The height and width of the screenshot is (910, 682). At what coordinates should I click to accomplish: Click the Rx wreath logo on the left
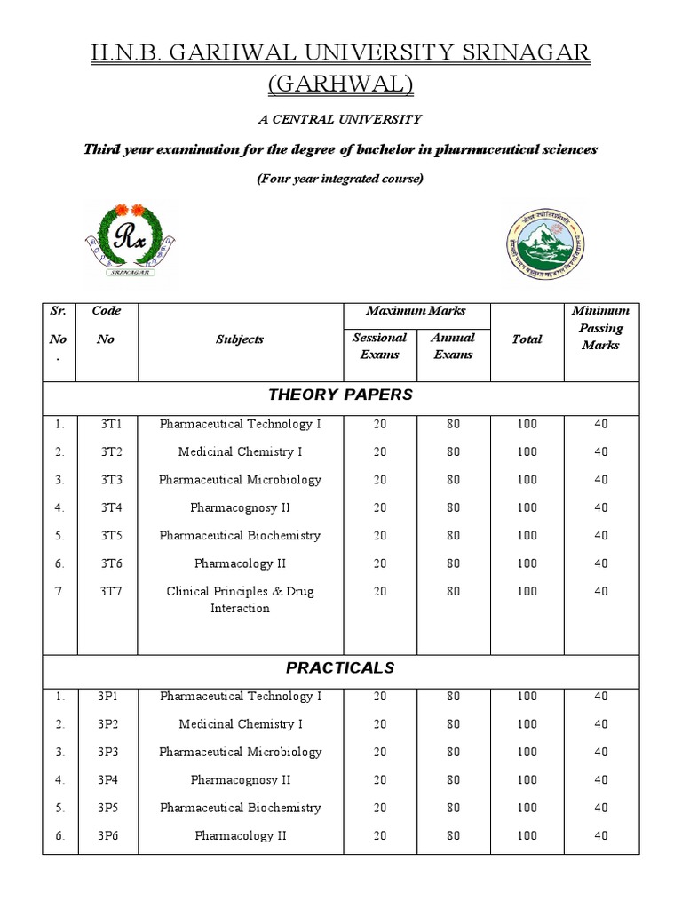pyautogui.click(x=131, y=241)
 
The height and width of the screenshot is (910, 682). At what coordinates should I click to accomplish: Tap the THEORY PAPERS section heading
pyautogui.click(x=340, y=395)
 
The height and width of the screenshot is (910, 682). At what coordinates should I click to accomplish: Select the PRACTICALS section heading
pyautogui.click(x=340, y=667)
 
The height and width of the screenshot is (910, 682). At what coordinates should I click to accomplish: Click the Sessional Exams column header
pyautogui.click(x=379, y=346)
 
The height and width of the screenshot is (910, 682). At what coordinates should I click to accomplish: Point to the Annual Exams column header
pyautogui.click(x=453, y=346)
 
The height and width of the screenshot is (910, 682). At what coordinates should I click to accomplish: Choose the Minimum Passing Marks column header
pyautogui.click(x=601, y=328)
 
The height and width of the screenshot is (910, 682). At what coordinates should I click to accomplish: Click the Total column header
pyautogui.click(x=527, y=339)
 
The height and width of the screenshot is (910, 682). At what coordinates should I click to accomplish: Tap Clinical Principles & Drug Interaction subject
pyautogui.click(x=240, y=600)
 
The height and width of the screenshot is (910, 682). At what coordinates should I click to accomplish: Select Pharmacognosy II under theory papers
pyautogui.click(x=240, y=507)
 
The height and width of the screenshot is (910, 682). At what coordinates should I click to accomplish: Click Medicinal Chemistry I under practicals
pyautogui.click(x=240, y=724)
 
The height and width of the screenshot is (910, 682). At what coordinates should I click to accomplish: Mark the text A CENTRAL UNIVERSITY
pyautogui.click(x=340, y=119)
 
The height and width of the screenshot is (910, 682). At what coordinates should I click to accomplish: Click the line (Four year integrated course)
pyautogui.click(x=340, y=179)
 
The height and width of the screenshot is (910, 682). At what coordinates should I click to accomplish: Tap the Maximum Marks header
pyautogui.click(x=416, y=311)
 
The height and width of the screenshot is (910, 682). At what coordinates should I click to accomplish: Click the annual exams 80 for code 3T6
pyautogui.click(x=453, y=563)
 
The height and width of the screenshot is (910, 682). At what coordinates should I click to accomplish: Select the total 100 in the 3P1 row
pyautogui.click(x=527, y=697)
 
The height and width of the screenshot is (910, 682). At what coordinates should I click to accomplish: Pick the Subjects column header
pyautogui.click(x=240, y=339)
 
